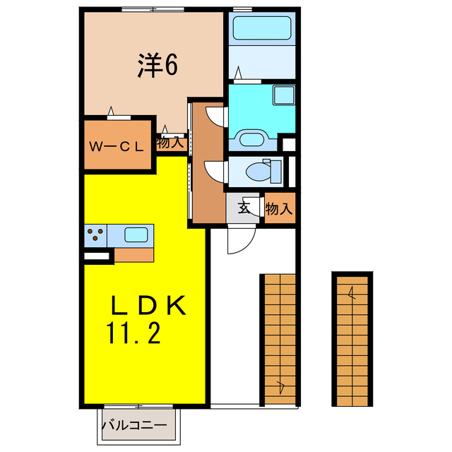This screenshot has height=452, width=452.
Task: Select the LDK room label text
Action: (x=148, y=305)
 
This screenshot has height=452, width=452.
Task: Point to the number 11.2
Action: (x=134, y=332)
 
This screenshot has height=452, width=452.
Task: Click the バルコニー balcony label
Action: (x=134, y=426)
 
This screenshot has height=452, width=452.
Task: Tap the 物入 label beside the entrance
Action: (x=279, y=209)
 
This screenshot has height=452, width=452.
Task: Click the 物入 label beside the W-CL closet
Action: (x=170, y=142)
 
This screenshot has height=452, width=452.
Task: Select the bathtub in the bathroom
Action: (x=261, y=29)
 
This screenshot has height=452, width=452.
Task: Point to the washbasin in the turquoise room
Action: (x=251, y=137)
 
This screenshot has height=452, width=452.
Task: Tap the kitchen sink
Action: (x=136, y=234)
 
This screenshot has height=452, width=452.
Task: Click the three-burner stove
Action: (x=95, y=234)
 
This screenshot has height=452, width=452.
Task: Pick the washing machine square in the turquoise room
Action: (x=284, y=95)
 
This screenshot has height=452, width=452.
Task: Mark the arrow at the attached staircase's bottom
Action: (x=282, y=385)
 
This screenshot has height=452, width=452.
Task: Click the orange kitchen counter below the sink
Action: (x=134, y=254)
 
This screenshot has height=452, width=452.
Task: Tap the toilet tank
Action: (x=276, y=170)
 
